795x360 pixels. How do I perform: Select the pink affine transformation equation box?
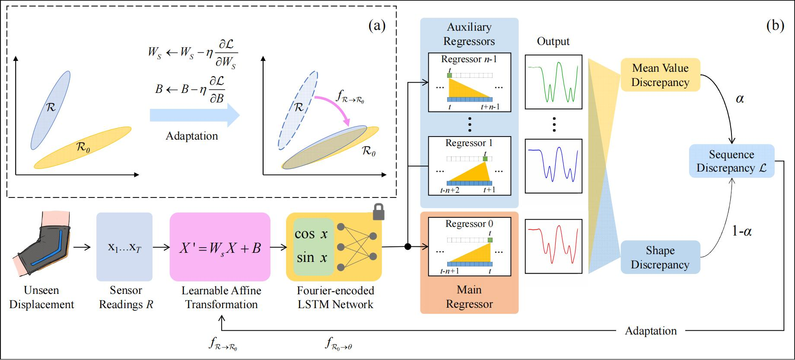[x=220, y=247]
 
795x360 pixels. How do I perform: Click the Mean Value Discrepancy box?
[x=660, y=75]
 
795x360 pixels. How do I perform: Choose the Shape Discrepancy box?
[x=660, y=258]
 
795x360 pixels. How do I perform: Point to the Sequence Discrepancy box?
[x=731, y=161]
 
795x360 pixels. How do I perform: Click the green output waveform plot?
[x=553, y=82]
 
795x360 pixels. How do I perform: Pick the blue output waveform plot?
[x=553, y=166]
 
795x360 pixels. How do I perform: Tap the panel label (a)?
[x=376, y=26]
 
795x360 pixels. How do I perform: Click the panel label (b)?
[x=775, y=26]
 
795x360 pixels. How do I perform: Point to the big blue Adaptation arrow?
[x=194, y=115]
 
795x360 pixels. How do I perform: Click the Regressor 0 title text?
[x=469, y=224]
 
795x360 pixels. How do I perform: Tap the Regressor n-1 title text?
[x=469, y=59]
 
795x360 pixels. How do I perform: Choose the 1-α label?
[x=742, y=232]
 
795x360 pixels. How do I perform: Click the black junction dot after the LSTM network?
[x=407, y=247]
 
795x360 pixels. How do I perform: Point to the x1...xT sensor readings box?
[x=124, y=247]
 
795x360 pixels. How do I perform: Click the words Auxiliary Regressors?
[x=469, y=34]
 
